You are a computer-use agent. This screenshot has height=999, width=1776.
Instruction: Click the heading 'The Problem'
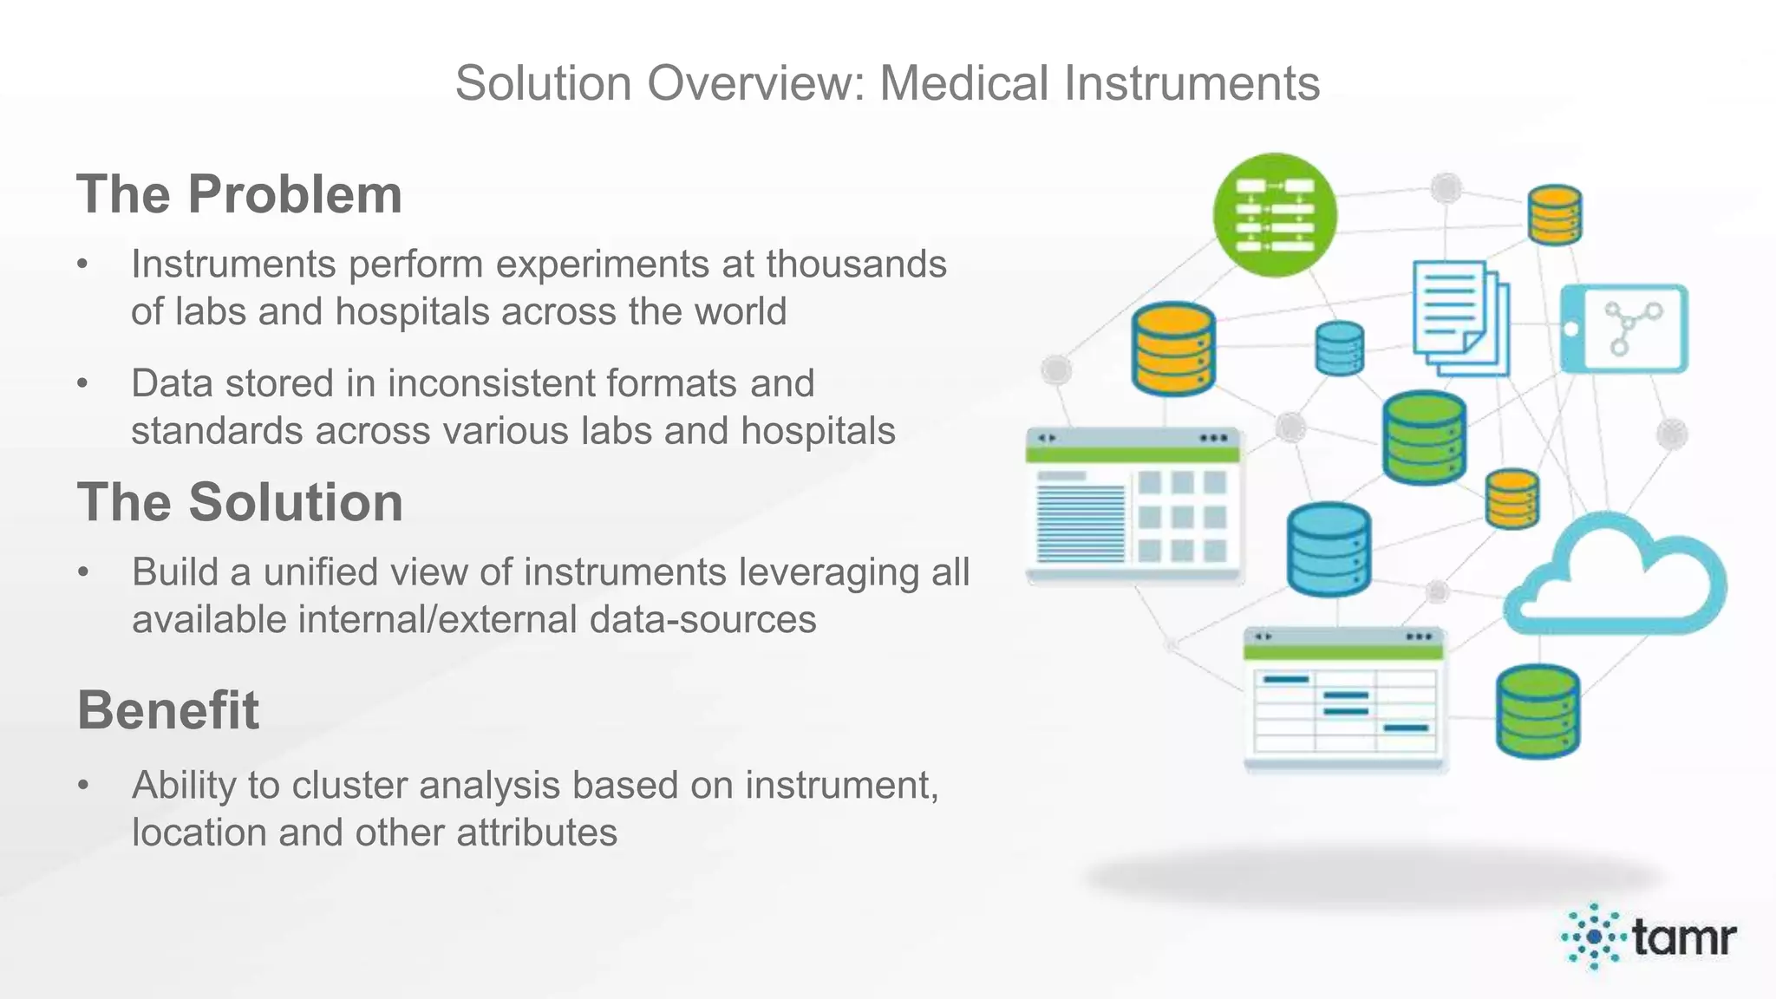click(x=239, y=193)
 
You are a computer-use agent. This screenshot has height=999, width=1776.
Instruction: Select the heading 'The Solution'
click(x=240, y=502)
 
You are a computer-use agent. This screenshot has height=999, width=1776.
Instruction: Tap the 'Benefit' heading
click(x=168, y=710)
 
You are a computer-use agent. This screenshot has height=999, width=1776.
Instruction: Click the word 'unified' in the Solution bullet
click(x=329, y=572)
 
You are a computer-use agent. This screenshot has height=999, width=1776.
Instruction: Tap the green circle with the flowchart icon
click(x=1274, y=215)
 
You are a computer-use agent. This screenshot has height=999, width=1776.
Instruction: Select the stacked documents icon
click(x=1459, y=318)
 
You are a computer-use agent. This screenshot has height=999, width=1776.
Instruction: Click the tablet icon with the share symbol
click(x=1624, y=329)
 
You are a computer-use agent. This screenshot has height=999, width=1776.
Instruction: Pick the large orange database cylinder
click(x=1172, y=349)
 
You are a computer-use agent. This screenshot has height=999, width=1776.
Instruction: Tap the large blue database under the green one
click(x=1328, y=550)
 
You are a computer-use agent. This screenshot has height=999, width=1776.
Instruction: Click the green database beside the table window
click(x=1538, y=711)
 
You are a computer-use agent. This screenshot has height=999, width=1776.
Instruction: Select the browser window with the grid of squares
click(x=1133, y=505)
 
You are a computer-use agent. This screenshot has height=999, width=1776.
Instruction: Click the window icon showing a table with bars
click(x=1344, y=699)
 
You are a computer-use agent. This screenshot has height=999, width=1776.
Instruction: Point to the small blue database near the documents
click(x=1339, y=349)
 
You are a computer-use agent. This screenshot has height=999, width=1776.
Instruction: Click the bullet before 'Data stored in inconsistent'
click(x=82, y=383)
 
